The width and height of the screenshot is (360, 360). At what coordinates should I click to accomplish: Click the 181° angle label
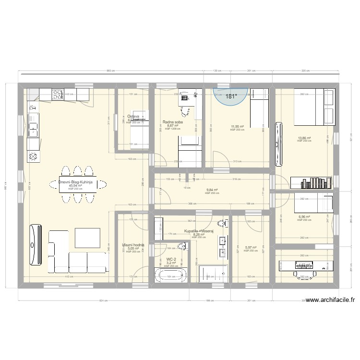pyautogui.click(x=231, y=96)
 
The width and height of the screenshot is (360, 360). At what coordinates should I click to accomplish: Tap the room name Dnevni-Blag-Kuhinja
pyautogui.click(x=76, y=182)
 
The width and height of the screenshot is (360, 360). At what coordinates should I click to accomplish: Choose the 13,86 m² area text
pyautogui.click(x=304, y=138)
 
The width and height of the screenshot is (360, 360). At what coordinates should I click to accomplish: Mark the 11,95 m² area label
pyautogui.click(x=237, y=127)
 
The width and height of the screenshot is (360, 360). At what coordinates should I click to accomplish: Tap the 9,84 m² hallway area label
pyautogui.click(x=212, y=190)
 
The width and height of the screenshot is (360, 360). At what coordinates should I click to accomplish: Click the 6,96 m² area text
pyautogui.click(x=304, y=217)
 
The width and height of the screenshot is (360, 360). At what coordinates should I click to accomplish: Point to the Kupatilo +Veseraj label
pyautogui.click(x=198, y=231)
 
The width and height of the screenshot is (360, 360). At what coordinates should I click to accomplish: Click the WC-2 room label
pyautogui.click(x=171, y=259)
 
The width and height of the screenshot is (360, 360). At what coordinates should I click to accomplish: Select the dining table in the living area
pyautogui.click(x=78, y=184)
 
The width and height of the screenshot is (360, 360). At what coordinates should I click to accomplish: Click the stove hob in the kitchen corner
pyautogui.click(x=58, y=94)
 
